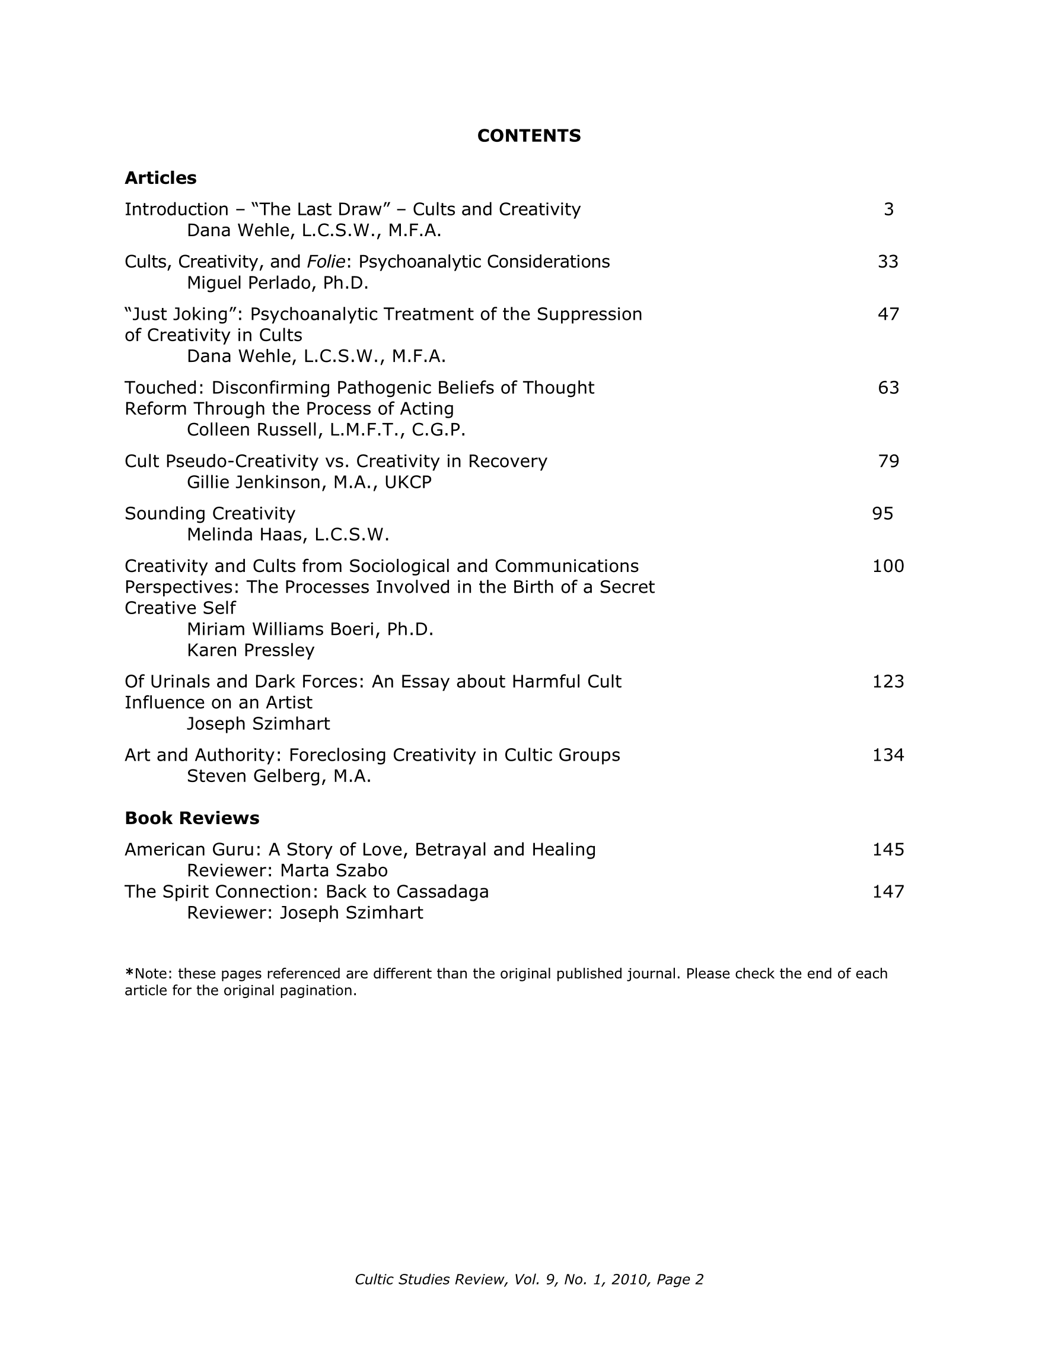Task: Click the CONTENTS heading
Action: [x=528, y=135]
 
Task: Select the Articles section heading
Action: [x=161, y=178]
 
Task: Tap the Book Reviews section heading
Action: [x=192, y=818]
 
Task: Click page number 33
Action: [x=888, y=262]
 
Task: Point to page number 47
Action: [x=888, y=314]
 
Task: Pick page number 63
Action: [x=888, y=387]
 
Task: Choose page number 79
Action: [x=888, y=461]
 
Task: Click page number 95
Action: [x=882, y=514]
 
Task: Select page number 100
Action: [x=888, y=567]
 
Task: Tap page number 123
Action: [x=888, y=681]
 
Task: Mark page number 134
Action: [x=888, y=755]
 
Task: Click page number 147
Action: [x=888, y=891]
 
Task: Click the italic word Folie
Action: [x=326, y=262]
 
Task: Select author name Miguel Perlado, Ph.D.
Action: [x=277, y=284]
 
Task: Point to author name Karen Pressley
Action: [x=250, y=650]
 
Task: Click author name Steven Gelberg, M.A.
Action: [x=279, y=777]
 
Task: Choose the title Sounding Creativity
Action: [x=209, y=514]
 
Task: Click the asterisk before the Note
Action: [x=129, y=972]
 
